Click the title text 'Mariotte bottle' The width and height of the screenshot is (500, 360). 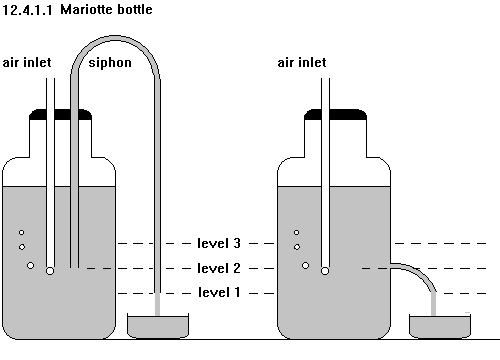[106, 9]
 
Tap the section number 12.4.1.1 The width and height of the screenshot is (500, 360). [27, 10]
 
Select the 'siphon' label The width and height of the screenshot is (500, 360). [110, 63]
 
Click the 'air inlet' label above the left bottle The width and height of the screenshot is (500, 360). [27, 62]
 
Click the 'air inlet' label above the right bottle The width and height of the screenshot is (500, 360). [302, 62]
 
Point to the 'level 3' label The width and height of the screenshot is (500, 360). [219, 243]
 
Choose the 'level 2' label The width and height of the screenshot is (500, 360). [219, 268]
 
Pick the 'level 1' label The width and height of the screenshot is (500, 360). [219, 292]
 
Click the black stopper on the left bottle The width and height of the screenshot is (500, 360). [60, 114]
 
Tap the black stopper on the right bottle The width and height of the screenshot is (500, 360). [335, 114]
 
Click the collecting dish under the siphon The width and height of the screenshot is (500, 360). [158, 326]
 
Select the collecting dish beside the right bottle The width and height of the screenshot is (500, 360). [440, 326]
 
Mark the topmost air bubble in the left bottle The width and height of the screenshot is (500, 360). [22, 232]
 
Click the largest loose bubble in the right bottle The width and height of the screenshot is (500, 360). [305, 265]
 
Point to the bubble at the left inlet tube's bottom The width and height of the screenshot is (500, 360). [50, 271]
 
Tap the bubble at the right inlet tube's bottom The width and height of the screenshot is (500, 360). [325, 271]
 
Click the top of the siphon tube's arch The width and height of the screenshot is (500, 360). [115, 38]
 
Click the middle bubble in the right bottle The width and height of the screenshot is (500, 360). [297, 247]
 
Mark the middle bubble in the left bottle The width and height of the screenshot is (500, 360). [22, 247]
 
